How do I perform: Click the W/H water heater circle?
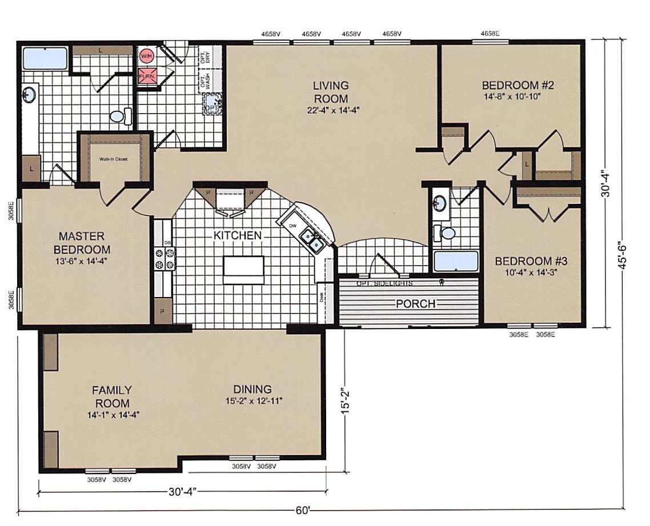coord(146,56)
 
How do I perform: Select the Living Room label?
coord(331,92)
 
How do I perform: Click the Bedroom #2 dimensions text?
coord(512,97)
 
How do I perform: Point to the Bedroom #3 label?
coord(531,262)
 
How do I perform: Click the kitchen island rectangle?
coord(243,270)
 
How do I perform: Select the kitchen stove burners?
coord(164,258)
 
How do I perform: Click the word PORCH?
coord(415,303)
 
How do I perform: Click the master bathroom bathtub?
coord(45,58)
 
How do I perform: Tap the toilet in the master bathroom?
coord(118,117)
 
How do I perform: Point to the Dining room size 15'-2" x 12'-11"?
coord(254,401)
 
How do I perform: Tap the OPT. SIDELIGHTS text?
coord(384,283)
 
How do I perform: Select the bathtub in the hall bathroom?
coord(456,261)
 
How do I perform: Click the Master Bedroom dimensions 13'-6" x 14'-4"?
coord(82,261)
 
